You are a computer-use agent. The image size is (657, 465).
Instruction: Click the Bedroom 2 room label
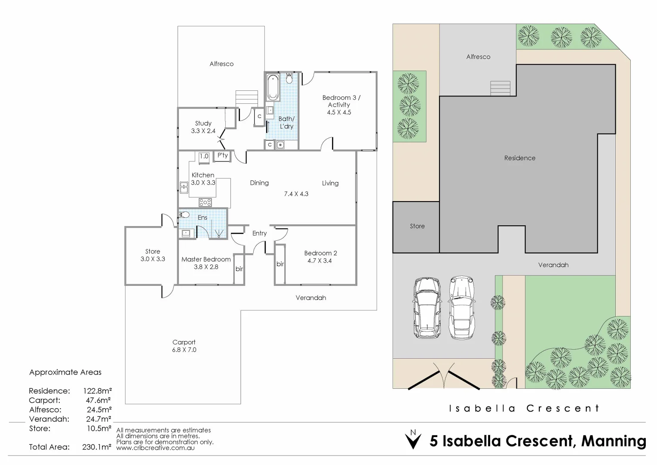(x=320, y=253)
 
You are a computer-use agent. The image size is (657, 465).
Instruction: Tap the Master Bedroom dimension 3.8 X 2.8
(x=206, y=267)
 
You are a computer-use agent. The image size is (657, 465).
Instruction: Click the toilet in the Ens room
(x=184, y=214)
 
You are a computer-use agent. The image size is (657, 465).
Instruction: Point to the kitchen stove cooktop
(x=205, y=202)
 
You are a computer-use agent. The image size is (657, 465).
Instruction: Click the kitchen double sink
(x=184, y=188)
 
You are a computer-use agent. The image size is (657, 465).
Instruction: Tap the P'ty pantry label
(x=222, y=155)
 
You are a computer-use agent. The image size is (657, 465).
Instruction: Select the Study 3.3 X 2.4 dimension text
(x=203, y=131)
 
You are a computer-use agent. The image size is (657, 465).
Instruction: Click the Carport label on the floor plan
(x=184, y=342)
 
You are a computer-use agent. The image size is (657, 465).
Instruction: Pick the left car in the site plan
(x=426, y=307)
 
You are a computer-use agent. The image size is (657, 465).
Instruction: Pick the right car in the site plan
(x=462, y=307)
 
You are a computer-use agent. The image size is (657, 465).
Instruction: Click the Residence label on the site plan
(x=519, y=158)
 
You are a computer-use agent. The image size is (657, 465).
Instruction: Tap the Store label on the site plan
(x=417, y=226)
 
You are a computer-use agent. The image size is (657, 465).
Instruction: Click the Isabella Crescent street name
(x=524, y=408)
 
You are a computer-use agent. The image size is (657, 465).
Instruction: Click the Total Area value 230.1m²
(x=97, y=447)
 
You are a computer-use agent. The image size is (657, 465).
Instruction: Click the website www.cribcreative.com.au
(x=155, y=448)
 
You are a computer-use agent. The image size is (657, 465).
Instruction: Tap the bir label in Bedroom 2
(x=280, y=264)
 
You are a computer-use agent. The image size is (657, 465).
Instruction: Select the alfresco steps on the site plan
(x=500, y=88)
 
